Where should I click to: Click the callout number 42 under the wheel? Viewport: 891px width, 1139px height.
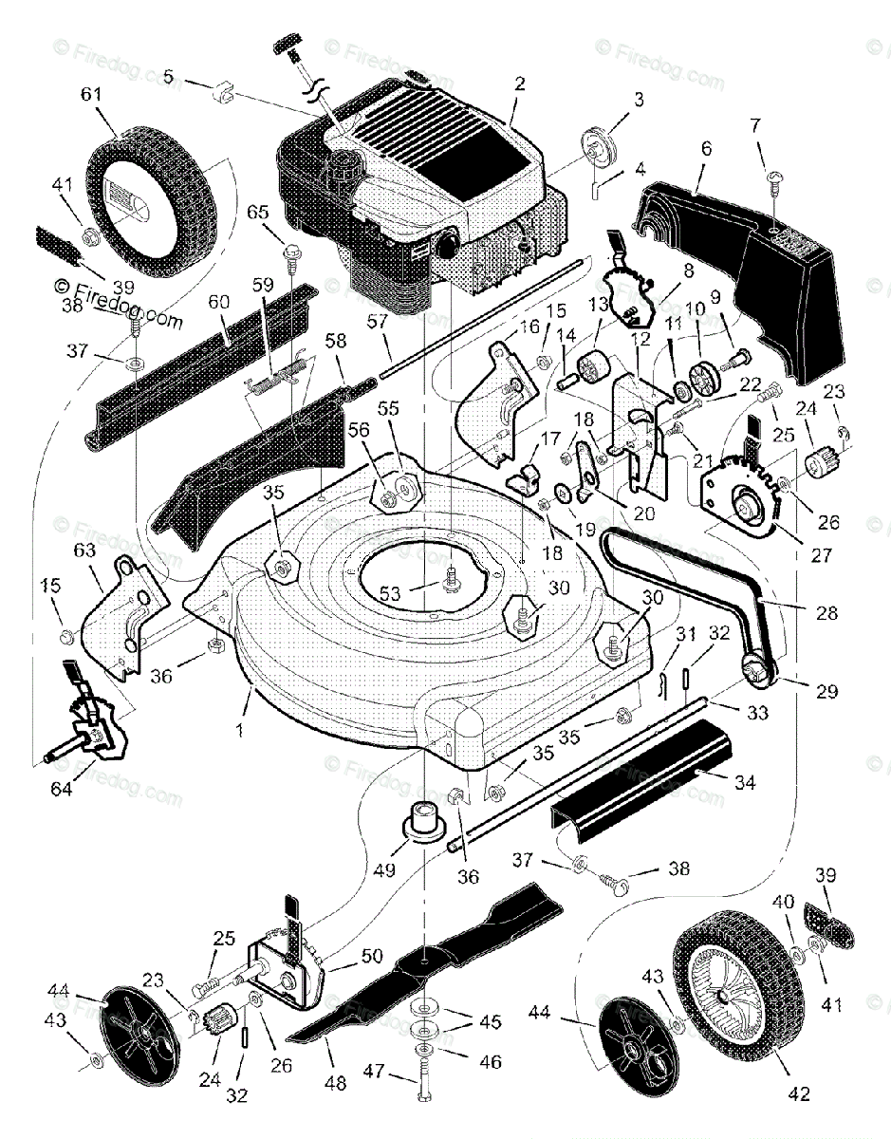pyautogui.click(x=799, y=1094)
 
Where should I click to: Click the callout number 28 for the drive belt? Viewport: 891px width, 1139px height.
pyautogui.click(x=826, y=614)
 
